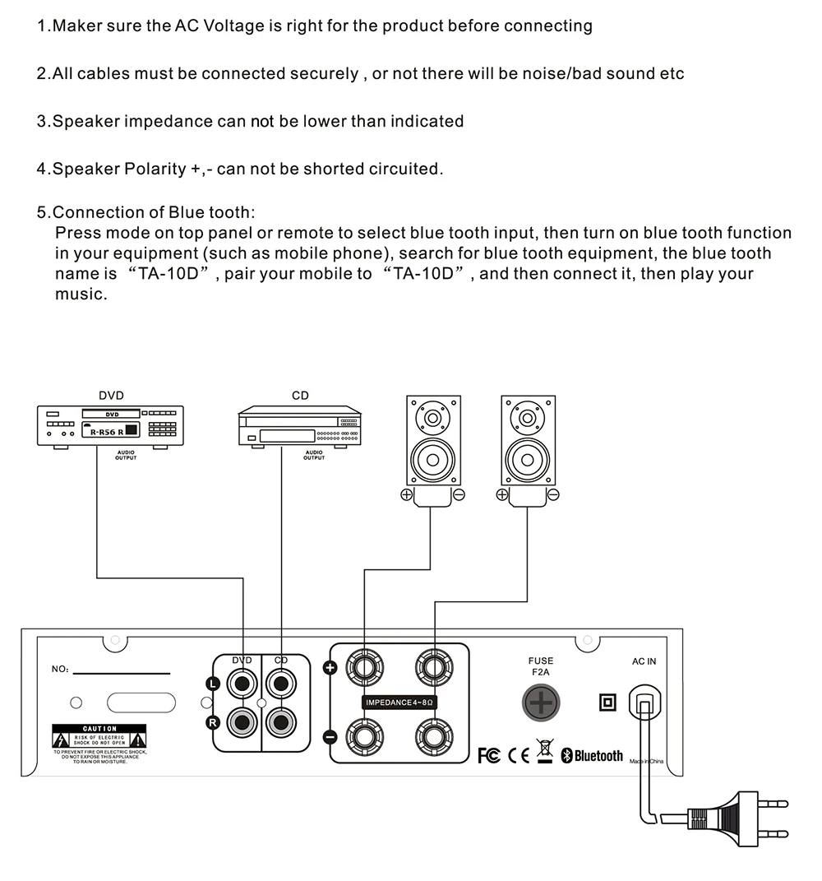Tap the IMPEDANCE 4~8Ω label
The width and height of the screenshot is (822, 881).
point(399,702)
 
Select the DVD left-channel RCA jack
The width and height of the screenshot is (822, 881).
point(242,681)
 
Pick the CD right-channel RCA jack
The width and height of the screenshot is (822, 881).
point(282,723)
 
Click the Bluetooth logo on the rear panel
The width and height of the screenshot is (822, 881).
point(592,755)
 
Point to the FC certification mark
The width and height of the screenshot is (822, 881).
point(489,755)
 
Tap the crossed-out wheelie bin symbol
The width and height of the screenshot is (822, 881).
point(545,751)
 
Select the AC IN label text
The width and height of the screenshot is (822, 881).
point(644,661)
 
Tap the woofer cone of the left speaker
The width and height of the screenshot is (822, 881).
point(433,460)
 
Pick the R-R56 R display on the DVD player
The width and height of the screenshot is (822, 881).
point(106,431)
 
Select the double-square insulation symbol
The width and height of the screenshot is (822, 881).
point(607,702)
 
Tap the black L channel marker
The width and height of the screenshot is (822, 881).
point(211,683)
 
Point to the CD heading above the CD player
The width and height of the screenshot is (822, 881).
point(300,396)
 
